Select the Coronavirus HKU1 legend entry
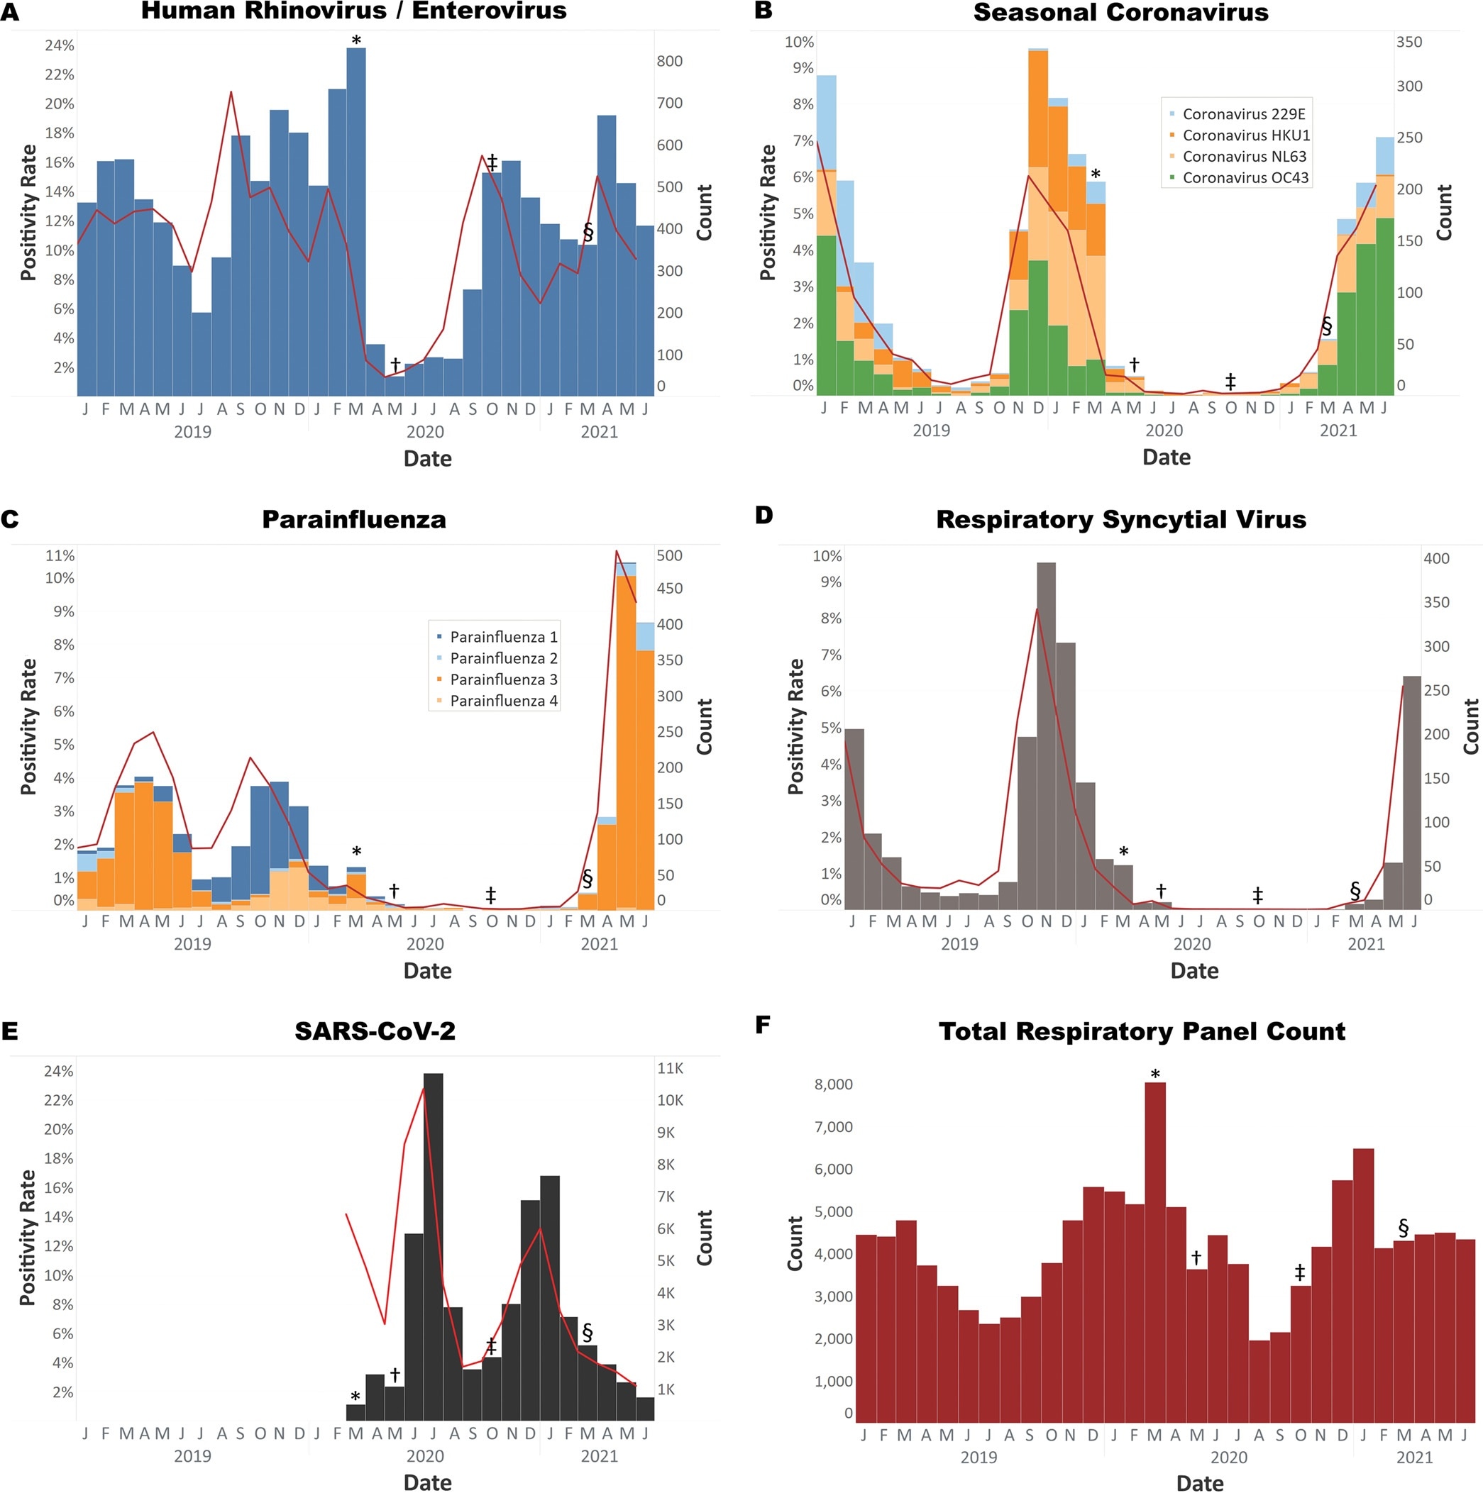coord(1245,135)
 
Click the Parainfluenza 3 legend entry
coord(502,679)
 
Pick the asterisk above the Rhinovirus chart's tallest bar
coord(355,40)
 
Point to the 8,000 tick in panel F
coord(834,1084)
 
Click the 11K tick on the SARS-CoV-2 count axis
coord(670,1068)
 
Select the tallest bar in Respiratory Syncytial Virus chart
coord(1046,734)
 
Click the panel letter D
coord(763,516)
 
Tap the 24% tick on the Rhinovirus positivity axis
coord(60,45)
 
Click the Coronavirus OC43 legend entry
coord(1245,178)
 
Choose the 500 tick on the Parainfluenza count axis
coord(670,555)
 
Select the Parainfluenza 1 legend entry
coord(502,637)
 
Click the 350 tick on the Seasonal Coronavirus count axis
coord(1408,42)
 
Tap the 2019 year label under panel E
coord(192,1456)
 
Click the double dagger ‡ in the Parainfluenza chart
coord(490,895)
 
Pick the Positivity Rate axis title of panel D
coord(795,726)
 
